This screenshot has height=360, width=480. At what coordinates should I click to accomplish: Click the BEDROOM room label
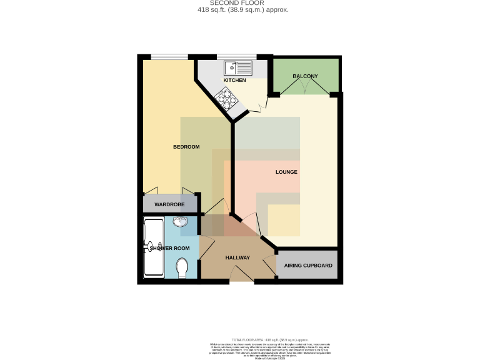click(186, 147)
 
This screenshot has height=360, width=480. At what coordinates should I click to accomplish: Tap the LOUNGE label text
click(286, 172)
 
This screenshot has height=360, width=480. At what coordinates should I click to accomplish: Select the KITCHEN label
click(234, 81)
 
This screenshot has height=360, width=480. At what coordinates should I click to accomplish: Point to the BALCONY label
click(305, 76)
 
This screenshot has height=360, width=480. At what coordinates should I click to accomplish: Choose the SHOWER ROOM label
click(169, 248)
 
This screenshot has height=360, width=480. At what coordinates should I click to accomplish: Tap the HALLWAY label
click(237, 258)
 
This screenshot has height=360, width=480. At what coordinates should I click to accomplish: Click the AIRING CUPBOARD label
click(308, 266)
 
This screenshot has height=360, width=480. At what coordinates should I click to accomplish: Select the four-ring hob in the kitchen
click(226, 97)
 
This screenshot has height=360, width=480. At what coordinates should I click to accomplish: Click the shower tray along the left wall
click(153, 248)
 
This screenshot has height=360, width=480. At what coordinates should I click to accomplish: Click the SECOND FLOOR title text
click(239, 3)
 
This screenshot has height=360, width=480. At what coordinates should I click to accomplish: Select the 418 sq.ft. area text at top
click(239, 10)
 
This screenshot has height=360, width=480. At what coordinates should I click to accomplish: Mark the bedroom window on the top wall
click(171, 57)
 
